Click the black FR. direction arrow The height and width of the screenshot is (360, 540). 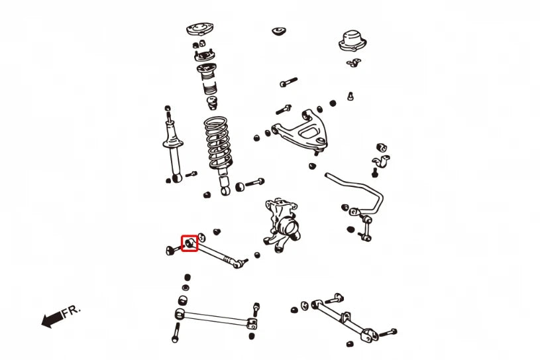pyautogui.click(x=52, y=320)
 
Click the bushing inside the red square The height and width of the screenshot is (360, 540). pyautogui.click(x=189, y=243)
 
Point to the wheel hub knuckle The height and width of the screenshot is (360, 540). pyautogui.click(x=282, y=225)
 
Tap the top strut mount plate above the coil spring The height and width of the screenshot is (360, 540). pyautogui.click(x=199, y=29)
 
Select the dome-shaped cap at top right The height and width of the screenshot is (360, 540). pyautogui.click(x=352, y=41)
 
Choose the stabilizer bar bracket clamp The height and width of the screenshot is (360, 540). pyautogui.click(x=381, y=162)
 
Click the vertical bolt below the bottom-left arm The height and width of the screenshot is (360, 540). pyautogui.click(x=176, y=332)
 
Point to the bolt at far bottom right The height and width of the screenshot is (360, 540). pyautogui.click(x=388, y=333)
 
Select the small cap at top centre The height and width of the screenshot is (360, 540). pyautogui.click(x=279, y=31)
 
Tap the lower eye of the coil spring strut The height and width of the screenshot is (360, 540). pyautogui.click(x=225, y=190)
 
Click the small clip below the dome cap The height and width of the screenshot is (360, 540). pyautogui.click(x=354, y=63)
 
